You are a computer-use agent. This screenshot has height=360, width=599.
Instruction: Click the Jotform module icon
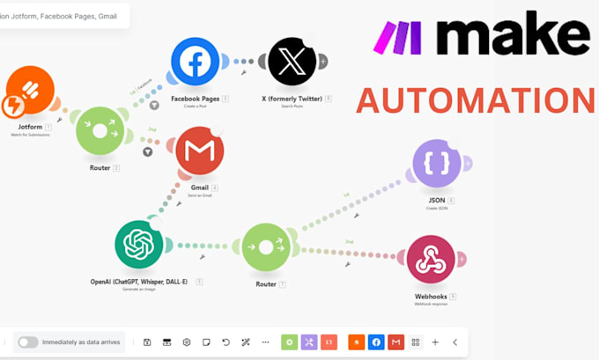30,92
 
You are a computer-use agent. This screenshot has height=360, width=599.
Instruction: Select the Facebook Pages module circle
195,62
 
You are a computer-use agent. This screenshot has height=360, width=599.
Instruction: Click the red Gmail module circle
199,151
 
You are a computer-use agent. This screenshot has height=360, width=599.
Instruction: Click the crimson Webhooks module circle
430,258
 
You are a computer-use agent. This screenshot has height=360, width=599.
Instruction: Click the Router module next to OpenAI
265,247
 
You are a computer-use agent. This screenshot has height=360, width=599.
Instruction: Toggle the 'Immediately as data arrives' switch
28,342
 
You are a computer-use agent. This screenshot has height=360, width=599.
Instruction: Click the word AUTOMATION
475,100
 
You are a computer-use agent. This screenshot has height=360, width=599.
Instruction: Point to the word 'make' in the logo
513,37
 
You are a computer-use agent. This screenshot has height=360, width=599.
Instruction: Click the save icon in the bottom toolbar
147,342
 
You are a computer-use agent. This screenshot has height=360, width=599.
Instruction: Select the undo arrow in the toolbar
226,342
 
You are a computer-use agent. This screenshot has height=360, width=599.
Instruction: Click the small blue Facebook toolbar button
375,342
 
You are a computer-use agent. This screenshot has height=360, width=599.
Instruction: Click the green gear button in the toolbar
289,342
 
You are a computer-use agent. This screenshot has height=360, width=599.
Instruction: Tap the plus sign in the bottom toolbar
435,342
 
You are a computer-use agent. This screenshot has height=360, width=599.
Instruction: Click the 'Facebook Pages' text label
194,99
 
